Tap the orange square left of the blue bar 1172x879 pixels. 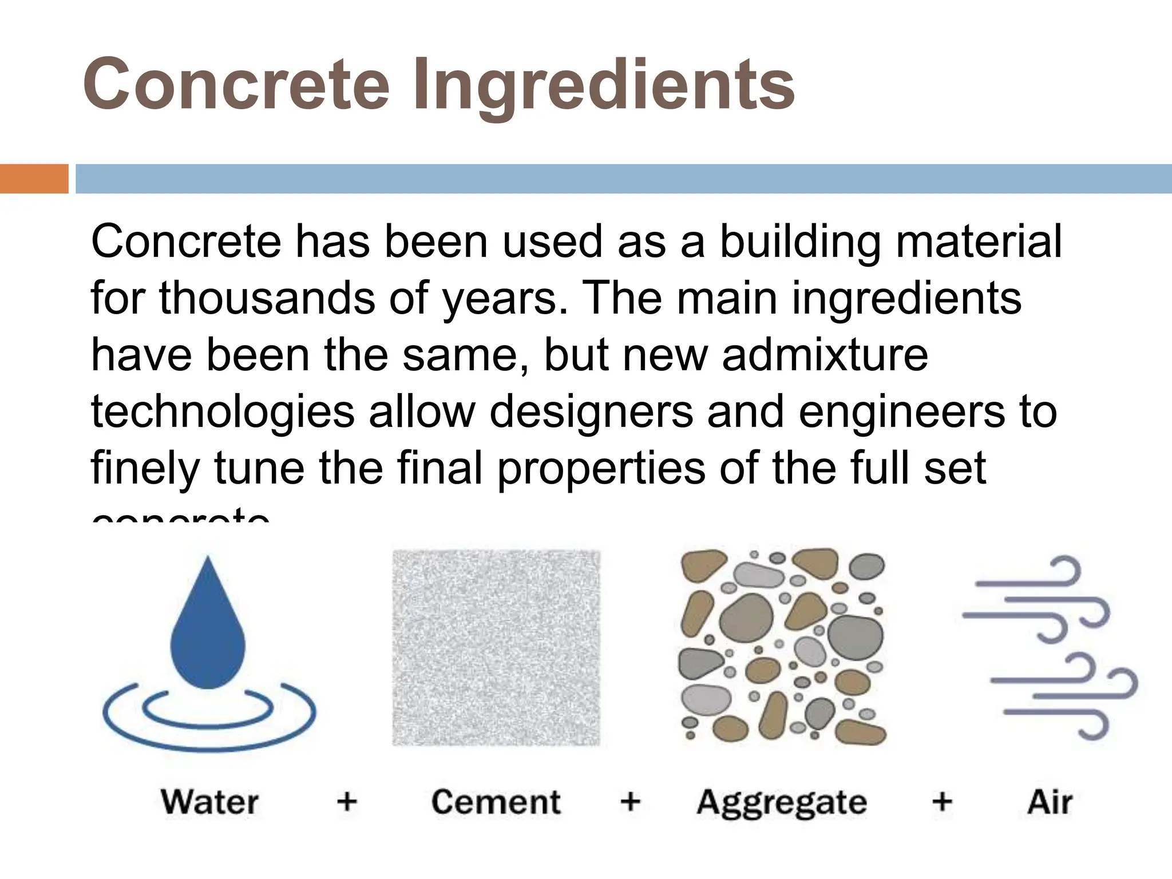pyautogui.click(x=34, y=179)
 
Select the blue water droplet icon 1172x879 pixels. pyautogui.click(x=208, y=624)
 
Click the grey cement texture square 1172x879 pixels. pyautogui.click(x=496, y=647)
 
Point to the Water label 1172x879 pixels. pyautogui.click(x=209, y=802)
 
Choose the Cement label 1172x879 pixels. pyautogui.click(x=496, y=802)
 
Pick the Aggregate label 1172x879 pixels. pyautogui.click(x=782, y=803)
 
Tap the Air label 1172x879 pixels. pyautogui.click(x=1050, y=802)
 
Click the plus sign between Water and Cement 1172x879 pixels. pyautogui.click(x=347, y=801)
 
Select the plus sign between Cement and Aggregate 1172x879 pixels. pyautogui.click(x=630, y=801)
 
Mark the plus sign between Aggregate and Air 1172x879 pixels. pyautogui.click(x=942, y=801)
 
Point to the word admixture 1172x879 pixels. pyautogui.click(x=825, y=355)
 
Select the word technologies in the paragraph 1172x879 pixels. pyautogui.click(x=223, y=412)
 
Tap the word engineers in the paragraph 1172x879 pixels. pyautogui.click(x=901, y=411)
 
